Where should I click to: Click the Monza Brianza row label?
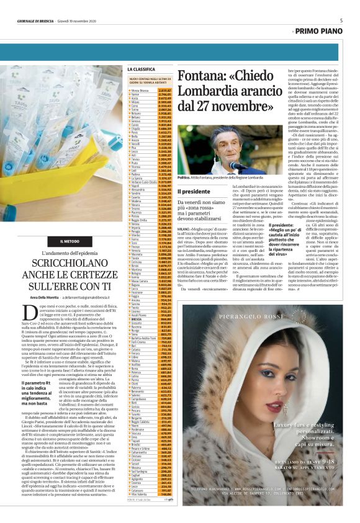[x=142, y=91]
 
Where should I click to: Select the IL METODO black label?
[x=69, y=241]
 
